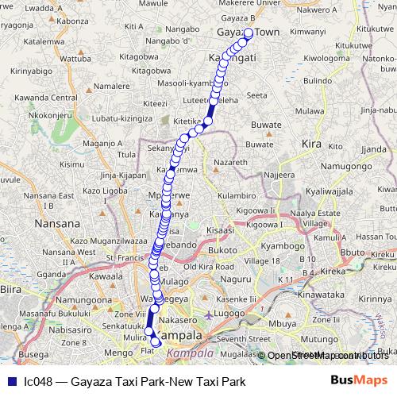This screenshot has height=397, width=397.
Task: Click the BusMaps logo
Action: (x=359, y=381)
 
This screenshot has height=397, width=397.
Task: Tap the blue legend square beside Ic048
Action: (x=10, y=382)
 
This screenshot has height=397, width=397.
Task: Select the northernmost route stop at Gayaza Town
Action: (x=248, y=33)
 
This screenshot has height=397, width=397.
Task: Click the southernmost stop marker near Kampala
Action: (x=156, y=343)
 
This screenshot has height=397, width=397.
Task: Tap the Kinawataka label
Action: (x=319, y=293)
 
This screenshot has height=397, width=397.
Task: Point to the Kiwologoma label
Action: (x=326, y=59)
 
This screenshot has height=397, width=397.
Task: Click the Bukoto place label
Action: (x=224, y=249)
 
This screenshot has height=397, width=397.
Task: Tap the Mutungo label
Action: (x=315, y=337)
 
